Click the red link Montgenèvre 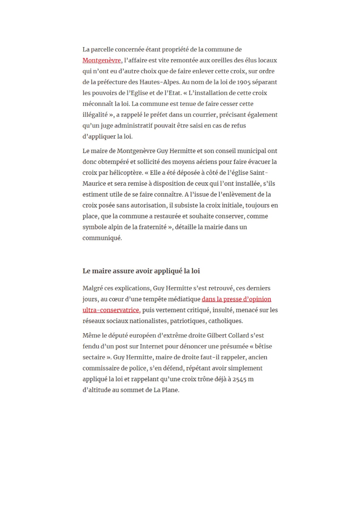[102, 60]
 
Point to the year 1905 [244, 82]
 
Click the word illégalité [95, 115]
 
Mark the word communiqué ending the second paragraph [102, 238]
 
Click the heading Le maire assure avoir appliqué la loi [141, 271]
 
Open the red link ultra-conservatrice [111, 310]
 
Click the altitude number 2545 [239, 379]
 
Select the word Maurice [94, 184]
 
